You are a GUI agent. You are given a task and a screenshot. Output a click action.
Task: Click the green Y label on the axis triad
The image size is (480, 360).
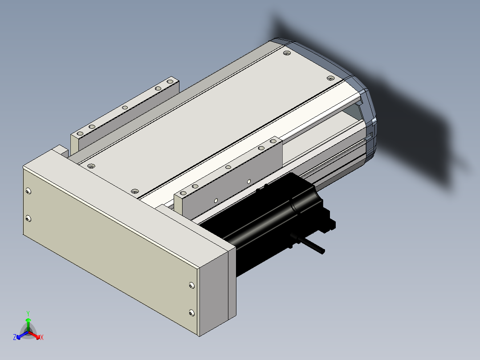[x=28, y=313]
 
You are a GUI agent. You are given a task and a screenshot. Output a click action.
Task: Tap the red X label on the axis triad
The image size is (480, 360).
[x=42, y=337]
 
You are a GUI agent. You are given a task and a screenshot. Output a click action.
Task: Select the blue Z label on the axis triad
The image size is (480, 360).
[x=15, y=337]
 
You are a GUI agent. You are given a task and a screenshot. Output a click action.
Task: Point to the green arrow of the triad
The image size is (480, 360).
[x=28, y=324]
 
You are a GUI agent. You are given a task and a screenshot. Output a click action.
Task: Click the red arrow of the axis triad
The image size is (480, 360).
[x=34, y=335]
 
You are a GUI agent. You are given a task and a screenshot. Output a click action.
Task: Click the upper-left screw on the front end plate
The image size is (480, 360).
[x=28, y=191]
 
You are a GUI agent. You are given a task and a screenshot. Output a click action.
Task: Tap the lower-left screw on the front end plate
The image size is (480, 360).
[x=28, y=218]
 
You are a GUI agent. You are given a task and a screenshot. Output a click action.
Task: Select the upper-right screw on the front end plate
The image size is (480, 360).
[x=192, y=286]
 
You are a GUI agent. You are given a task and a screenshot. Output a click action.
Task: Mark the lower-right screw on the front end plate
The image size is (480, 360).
[x=192, y=313]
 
